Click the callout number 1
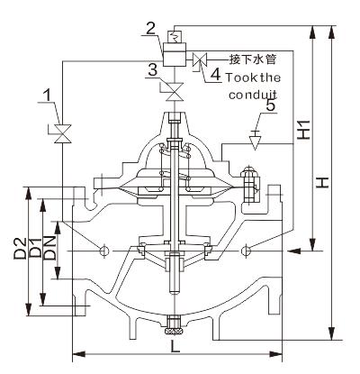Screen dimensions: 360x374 47,96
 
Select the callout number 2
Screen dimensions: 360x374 151,29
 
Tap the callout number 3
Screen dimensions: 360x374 153,71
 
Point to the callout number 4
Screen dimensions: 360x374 216,74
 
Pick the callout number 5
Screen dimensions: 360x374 270,105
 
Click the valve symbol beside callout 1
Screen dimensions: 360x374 63,133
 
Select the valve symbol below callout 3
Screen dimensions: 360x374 175,92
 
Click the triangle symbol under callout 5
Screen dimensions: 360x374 256,141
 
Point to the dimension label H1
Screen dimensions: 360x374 304,130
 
